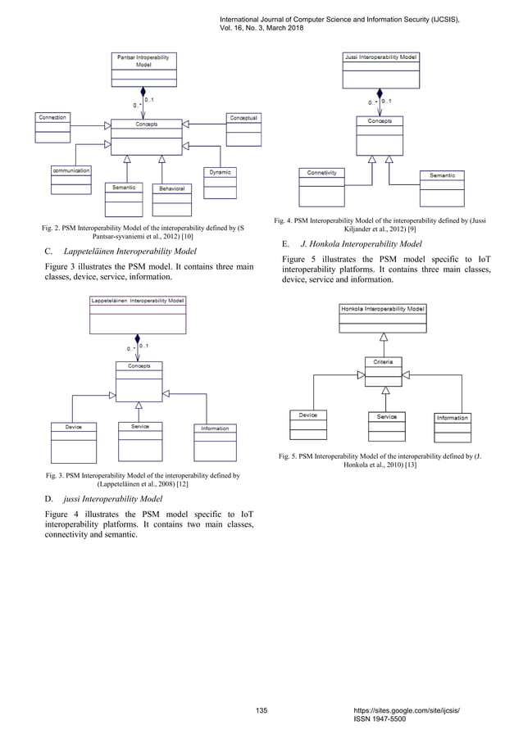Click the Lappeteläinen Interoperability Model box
[138, 314]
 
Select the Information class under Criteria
[452, 427]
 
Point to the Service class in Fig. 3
[139, 441]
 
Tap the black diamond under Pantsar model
[143, 93]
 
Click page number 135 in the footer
[261, 710]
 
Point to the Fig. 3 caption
[143, 478]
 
